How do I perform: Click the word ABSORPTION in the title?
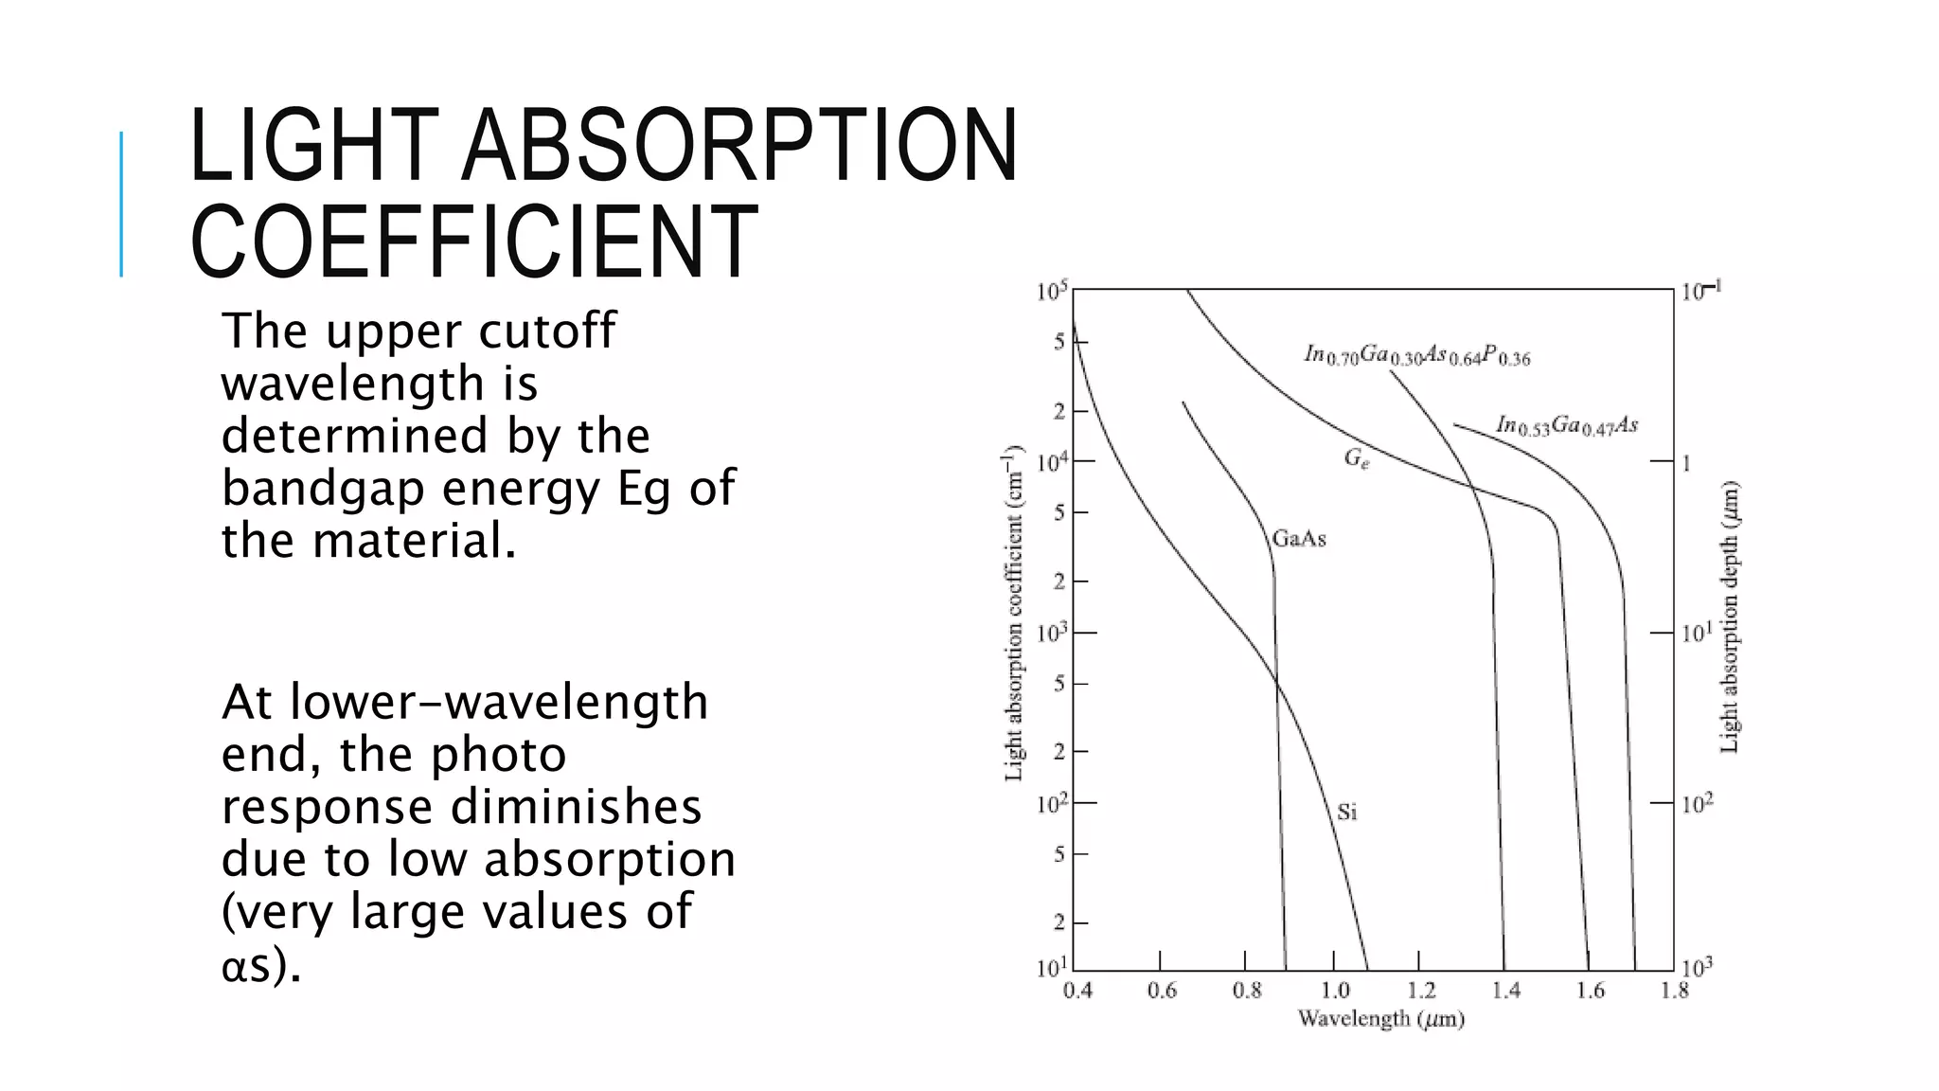click(x=738, y=147)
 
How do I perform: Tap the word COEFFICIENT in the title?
click(x=473, y=242)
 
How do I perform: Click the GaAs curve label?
click(x=1299, y=539)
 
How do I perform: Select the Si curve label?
click(x=1346, y=812)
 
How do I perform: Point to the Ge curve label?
click(x=1356, y=459)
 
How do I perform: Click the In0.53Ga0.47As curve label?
click(x=1567, y=426)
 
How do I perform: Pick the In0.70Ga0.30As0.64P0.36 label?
click(x=1416, y=355)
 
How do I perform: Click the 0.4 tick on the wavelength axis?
click(x=1077, y=991)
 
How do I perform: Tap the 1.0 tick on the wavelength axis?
click(x=1335, y=991)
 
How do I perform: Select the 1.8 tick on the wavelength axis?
click(x=1674, y=991)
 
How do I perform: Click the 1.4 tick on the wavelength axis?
click(x=1505, y=991)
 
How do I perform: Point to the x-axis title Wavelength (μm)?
click(x=1380, y=1020)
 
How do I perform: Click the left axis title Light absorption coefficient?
click(x=1014, y=614)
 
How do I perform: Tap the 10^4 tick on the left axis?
click(x=1052, y=462)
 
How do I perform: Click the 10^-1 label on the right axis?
click(x=1701, y=291)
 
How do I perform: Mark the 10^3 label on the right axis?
click(x=1698, y=968)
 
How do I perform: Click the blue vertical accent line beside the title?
click(x=121, y=204)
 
